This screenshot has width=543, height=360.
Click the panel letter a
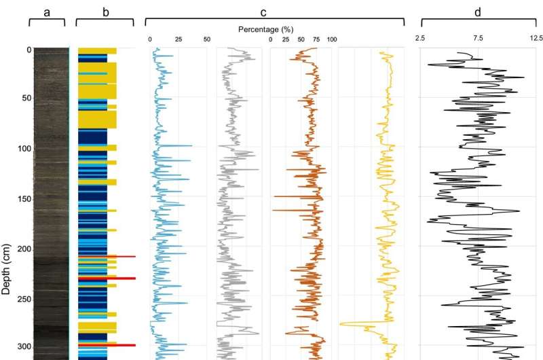pyautogui.click(x=47, y=12)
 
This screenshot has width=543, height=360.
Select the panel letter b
pyautogui.click(x=98, y=12)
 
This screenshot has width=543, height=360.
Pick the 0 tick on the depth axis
pyautogui.click(x=28, y=50)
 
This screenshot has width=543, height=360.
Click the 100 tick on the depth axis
pyautogui.click(x=23, y=149)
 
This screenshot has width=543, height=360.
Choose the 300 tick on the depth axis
pyautogui.click(x=23, y=347)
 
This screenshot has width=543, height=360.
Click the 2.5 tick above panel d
pyautogui.click(x=421, y=38)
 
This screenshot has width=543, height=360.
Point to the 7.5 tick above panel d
pyautogui.click(x=478, y=38)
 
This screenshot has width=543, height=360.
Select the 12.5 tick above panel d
pyautogui.click(x=536, y=38)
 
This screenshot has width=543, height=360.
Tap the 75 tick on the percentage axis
pyautogui.click(x=316, y=39)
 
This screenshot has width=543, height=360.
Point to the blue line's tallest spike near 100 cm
pyautogui.click(x=191, y=146)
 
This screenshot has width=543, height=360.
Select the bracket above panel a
pyautogui.click(x=47, y=22)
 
